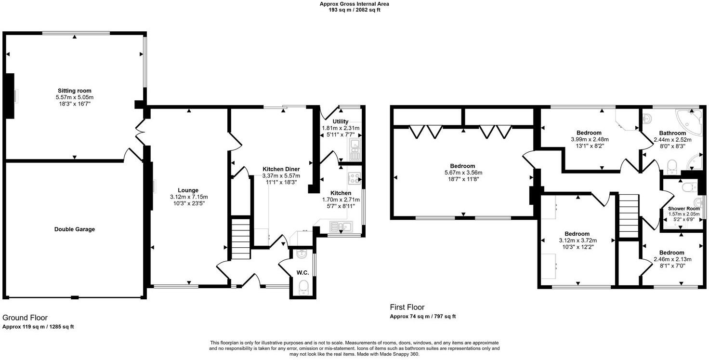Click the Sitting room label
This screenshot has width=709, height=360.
tap(74, 91)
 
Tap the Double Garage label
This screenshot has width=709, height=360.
tap(74, 229)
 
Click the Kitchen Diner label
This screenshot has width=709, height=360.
tap(281, 169)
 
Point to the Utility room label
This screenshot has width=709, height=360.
tap(341, 121)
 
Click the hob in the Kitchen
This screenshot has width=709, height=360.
tap(354, 178)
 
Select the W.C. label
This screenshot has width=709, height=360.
tap(302, 273)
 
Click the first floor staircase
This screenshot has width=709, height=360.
tap(628, 215)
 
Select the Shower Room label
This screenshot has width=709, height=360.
tap(683, 209)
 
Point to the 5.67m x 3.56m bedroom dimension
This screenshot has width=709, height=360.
tap(463, 173)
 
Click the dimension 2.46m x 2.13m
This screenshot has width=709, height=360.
tap(672, 259)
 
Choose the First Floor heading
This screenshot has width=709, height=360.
tap(407, 307)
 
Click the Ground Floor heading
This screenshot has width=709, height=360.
tap(25, 318)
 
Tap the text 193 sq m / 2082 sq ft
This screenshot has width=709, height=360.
tap(354, 10)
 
